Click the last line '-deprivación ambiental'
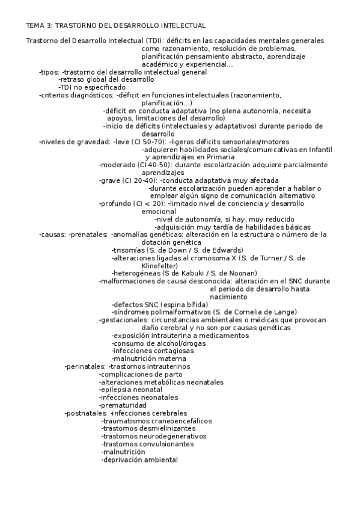click(139, 460)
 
